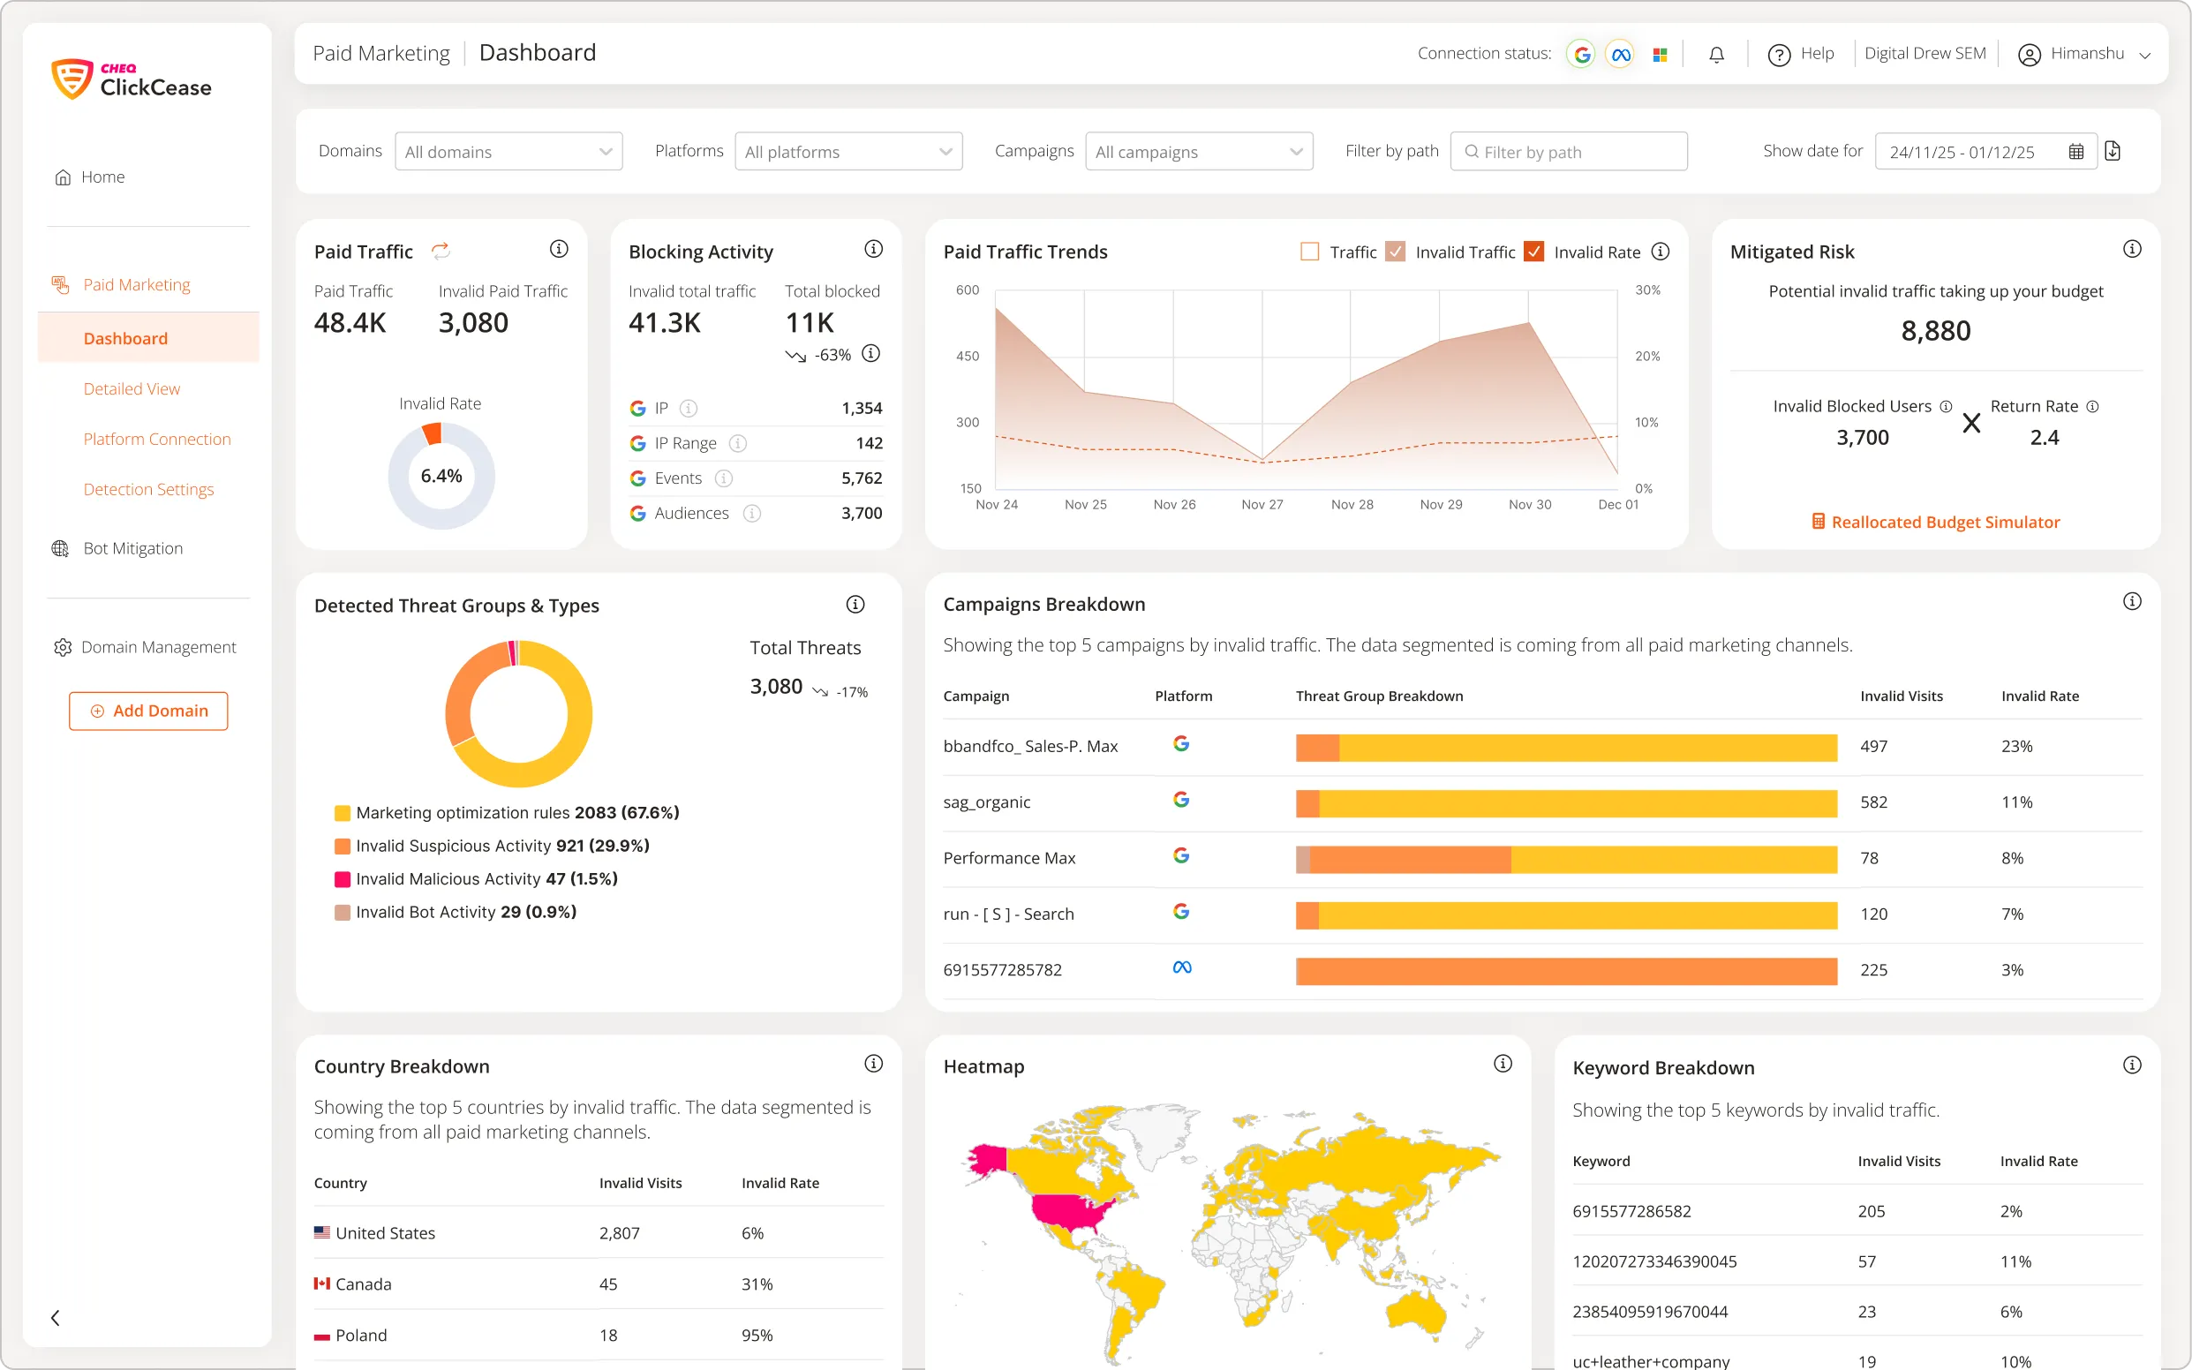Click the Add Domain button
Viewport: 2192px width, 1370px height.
click(148, 711)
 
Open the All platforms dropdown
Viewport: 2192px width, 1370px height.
click(848, 151)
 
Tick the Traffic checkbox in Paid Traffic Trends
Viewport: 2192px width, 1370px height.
click(1309, 252)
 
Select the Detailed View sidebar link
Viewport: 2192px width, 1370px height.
click(132, 388)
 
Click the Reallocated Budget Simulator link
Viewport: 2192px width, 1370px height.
click(1945, 522)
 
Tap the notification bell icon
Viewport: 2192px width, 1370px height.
click(1716, 55)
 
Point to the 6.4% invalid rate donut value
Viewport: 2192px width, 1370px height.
click(441, 476)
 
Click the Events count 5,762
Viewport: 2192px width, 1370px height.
click(861, 478)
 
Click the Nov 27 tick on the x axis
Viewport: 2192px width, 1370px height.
click(1262, 505)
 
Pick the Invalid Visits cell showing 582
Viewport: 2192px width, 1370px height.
click(1873, 802)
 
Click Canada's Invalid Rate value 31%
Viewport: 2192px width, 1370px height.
click(757, 1283)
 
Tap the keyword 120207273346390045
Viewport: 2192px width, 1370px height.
click(1653, 1261)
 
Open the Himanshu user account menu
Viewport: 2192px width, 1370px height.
click(2084, 55)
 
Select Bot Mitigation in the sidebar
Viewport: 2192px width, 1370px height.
click(132, 548)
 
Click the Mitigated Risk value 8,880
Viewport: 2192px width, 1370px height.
click(1934, 331)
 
